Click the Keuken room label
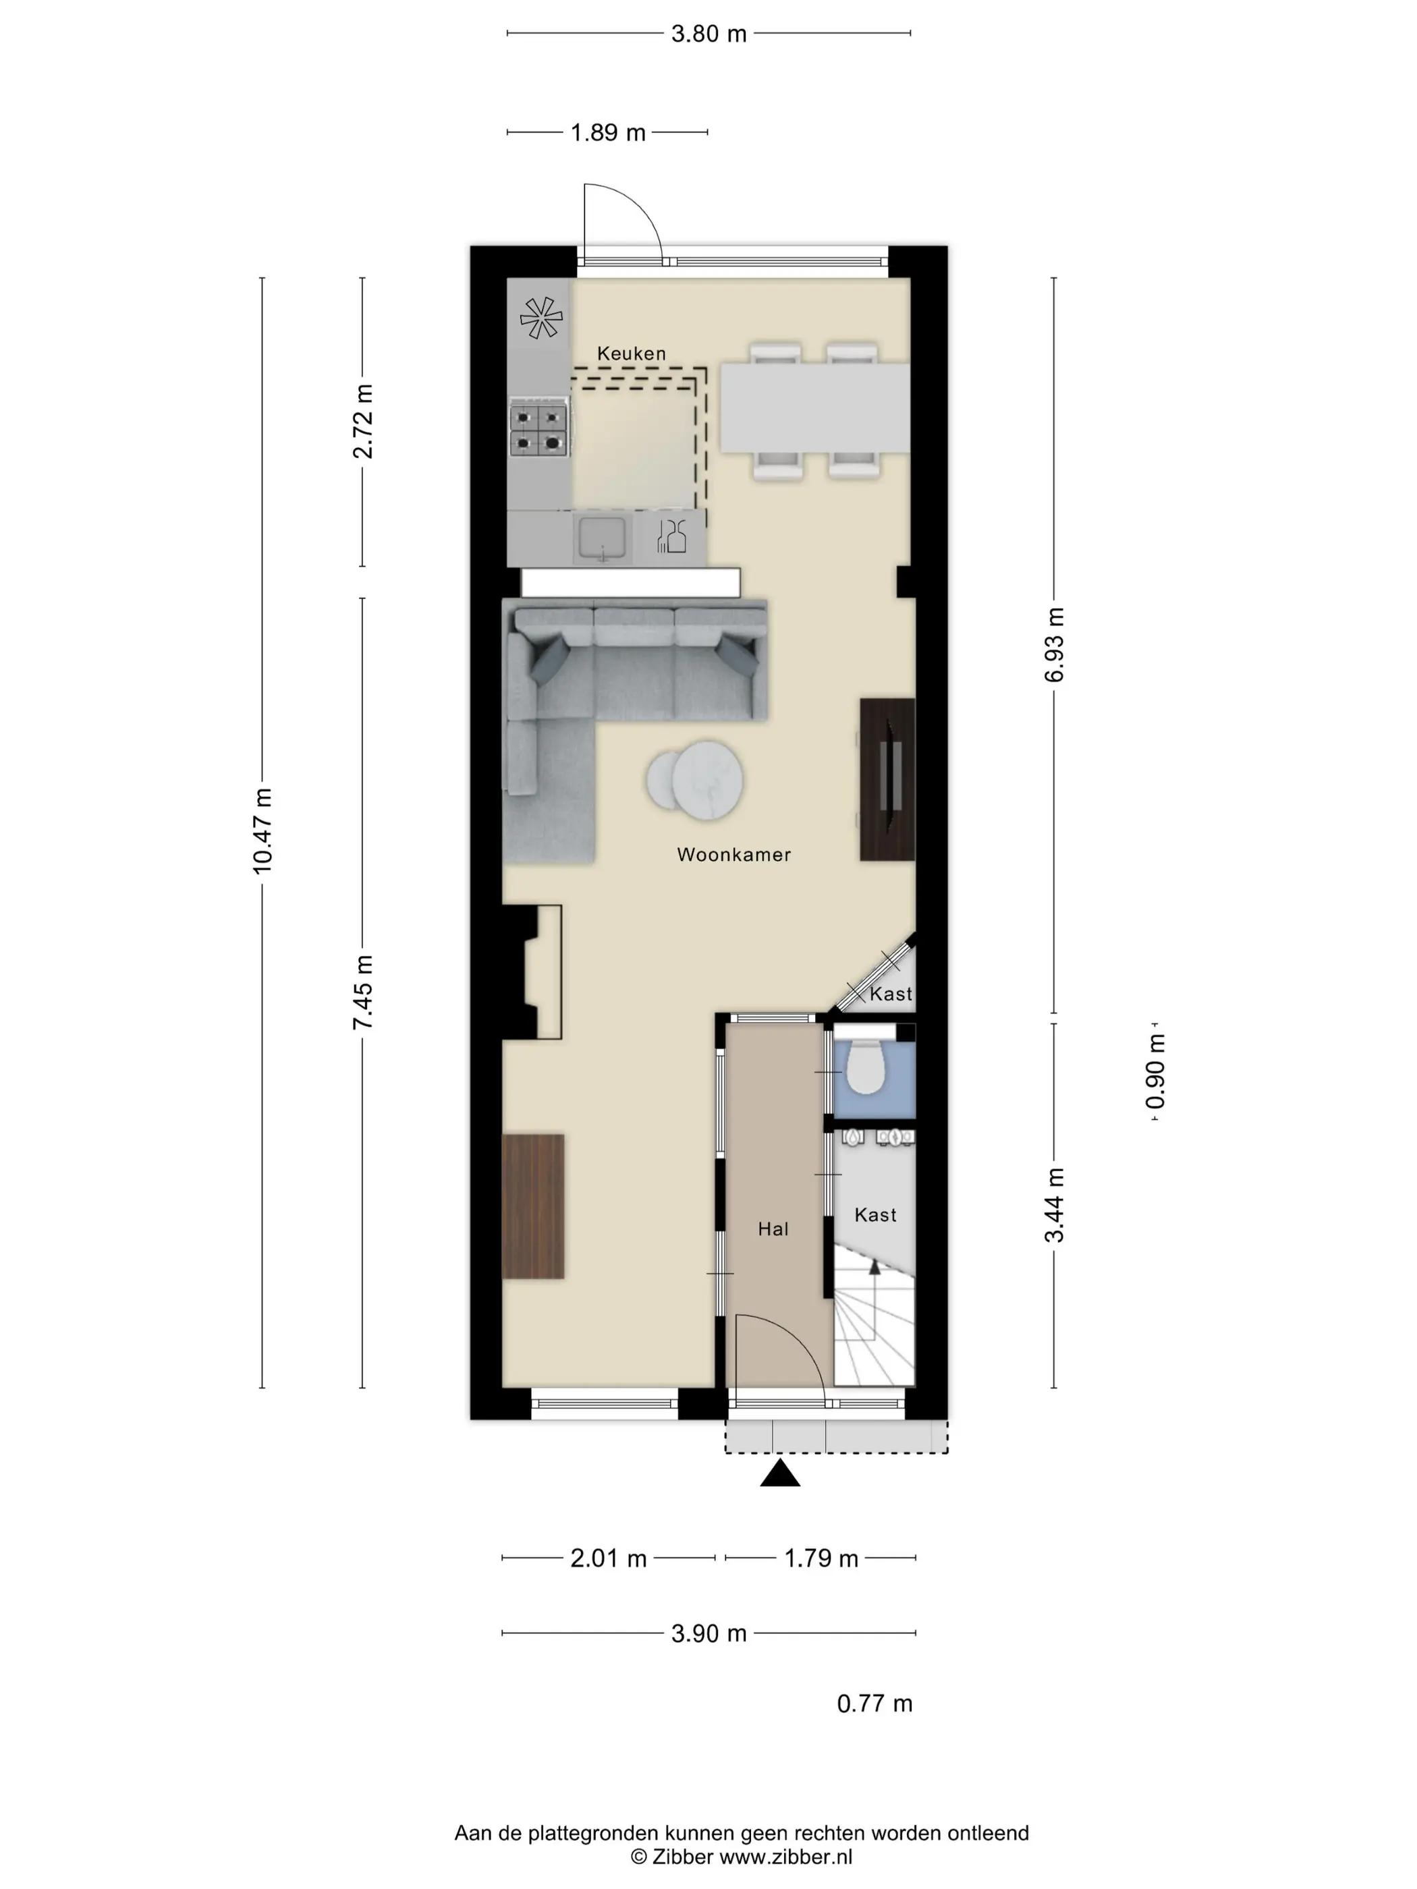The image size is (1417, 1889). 631,353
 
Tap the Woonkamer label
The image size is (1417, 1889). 733,854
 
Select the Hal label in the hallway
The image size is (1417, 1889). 773,1229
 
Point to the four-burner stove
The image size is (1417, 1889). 539,430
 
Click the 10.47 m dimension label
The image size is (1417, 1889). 262,831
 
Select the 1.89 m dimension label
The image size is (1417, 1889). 608,133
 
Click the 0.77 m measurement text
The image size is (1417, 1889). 874,1703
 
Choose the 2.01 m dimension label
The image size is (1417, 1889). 608,1558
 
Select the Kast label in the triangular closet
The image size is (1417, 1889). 891,994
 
